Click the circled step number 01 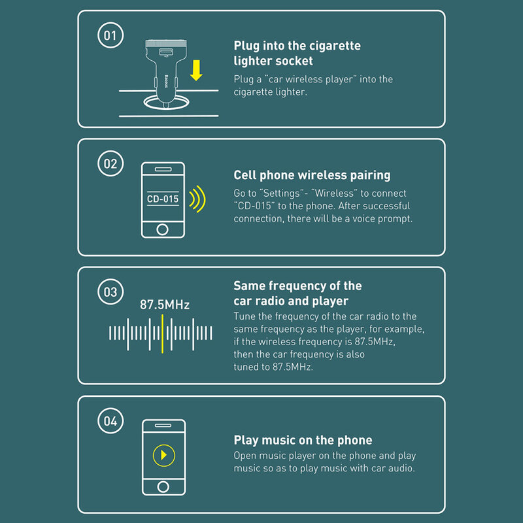click(x=110, y=35)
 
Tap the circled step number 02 click(x=110, y=163)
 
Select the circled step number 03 click(x=110, y=292)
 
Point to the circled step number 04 click(x=110, y=420)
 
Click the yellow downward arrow click(x=196, y=71)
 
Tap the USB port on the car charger click(x=166, y=52)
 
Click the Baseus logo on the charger click(x=166, y=81)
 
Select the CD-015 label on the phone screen click(x=163, y=199)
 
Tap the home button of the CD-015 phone click(x=162, y=229)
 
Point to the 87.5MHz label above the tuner click(x=165, y=305)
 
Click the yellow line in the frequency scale click(x=162, y=334)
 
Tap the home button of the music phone click(x=163, y=486)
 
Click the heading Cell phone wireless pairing click(x=312, y=175)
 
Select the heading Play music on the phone click(x=303, y=440)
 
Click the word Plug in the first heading click(x=246, y=46)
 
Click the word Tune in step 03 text click(x=245, y=316)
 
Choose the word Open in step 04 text click(x=245, y=456)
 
